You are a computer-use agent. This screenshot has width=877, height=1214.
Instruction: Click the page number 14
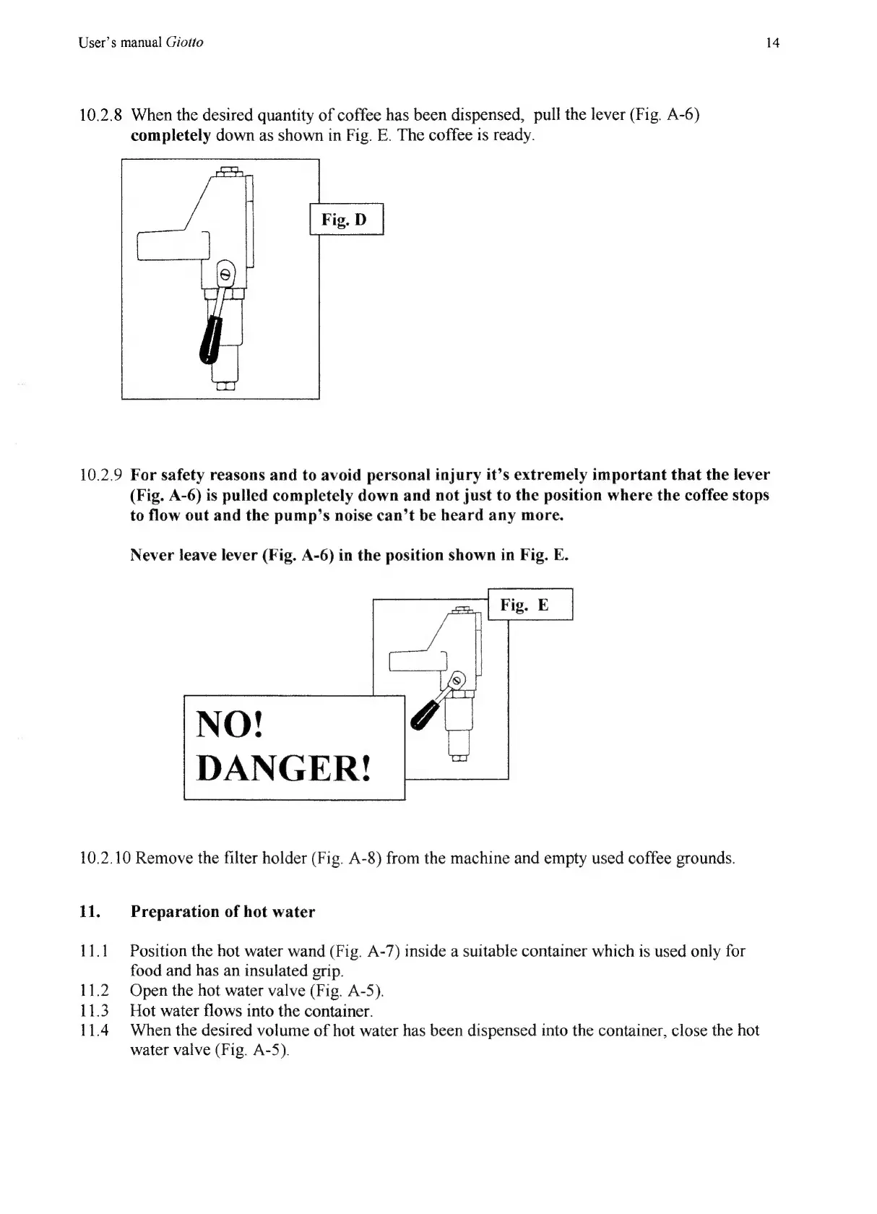click(x=772, y=43)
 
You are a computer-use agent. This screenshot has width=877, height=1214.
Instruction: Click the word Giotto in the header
click(x=184, y=43)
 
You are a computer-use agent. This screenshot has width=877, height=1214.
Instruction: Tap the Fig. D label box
click(x=346, y=220)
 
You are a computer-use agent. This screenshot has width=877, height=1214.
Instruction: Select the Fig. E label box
click(x=530, y=605)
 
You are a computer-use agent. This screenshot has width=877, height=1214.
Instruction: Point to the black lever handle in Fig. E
click(x=421, y=715)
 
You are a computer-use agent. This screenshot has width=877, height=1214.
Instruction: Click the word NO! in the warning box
click(x=230, y=724)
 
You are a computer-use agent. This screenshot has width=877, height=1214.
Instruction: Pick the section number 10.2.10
click(x=105, y=858)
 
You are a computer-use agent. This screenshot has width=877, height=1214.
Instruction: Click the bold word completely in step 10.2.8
click(x=170, y=135)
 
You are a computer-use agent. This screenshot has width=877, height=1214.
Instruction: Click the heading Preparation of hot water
click(x=223, y=912)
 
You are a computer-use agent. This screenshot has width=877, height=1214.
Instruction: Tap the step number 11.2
click(x=93, y=991)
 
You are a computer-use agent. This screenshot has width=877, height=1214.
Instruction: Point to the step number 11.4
click(x=93, y=1030)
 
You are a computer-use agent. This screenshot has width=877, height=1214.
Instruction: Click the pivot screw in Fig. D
click(x=225, y=275)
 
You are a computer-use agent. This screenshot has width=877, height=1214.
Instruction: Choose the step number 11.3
click(x=93, y=1010)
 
